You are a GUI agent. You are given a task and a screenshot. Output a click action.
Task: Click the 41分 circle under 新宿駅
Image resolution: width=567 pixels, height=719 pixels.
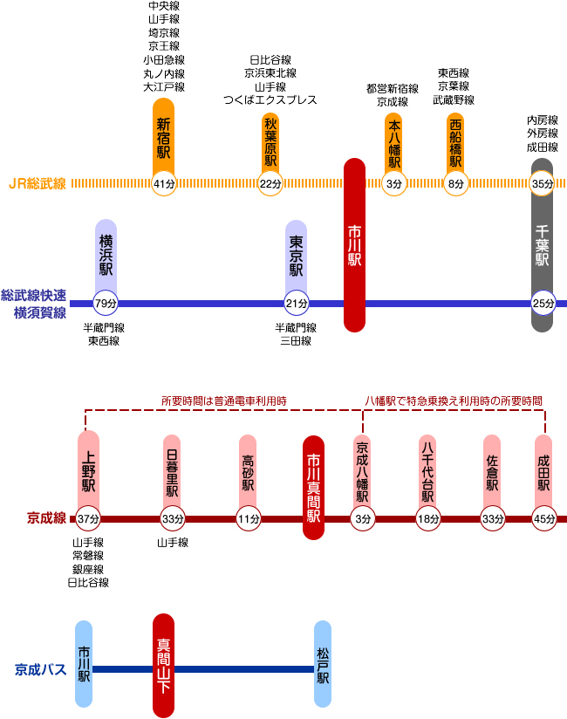tap(164, 183)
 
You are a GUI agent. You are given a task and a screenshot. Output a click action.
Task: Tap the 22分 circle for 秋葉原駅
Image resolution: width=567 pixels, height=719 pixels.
tap(271, 183)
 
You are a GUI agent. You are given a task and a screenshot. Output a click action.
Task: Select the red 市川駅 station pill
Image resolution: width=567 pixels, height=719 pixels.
tap(354, 245)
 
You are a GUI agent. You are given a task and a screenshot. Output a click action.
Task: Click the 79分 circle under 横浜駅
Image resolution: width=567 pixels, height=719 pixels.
tap(106, 303)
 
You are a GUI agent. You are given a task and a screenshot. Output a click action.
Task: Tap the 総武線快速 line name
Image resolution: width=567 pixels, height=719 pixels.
tap(35, 295)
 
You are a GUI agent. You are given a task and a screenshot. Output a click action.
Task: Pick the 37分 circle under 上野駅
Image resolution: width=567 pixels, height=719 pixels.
tap(88, 518)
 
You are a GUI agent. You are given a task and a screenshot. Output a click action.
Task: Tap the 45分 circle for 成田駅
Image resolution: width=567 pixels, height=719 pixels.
tap(544, 518)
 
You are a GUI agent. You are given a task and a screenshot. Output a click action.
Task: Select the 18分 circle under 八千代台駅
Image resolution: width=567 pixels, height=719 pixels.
tap(427, 518)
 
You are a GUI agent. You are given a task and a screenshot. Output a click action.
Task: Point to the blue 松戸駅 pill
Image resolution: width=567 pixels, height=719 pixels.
tap(323, 663)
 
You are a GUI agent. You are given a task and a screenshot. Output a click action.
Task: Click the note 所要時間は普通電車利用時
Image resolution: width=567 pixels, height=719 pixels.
tap(224, 401)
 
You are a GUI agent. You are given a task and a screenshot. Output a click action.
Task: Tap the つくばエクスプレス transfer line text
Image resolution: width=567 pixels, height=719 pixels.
tap(270, 100)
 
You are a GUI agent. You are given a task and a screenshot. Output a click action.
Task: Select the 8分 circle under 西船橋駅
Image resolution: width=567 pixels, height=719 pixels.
tap(455, 183)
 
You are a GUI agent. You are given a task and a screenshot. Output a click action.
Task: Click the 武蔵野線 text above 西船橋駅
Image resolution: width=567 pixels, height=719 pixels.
tap(454, 100)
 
